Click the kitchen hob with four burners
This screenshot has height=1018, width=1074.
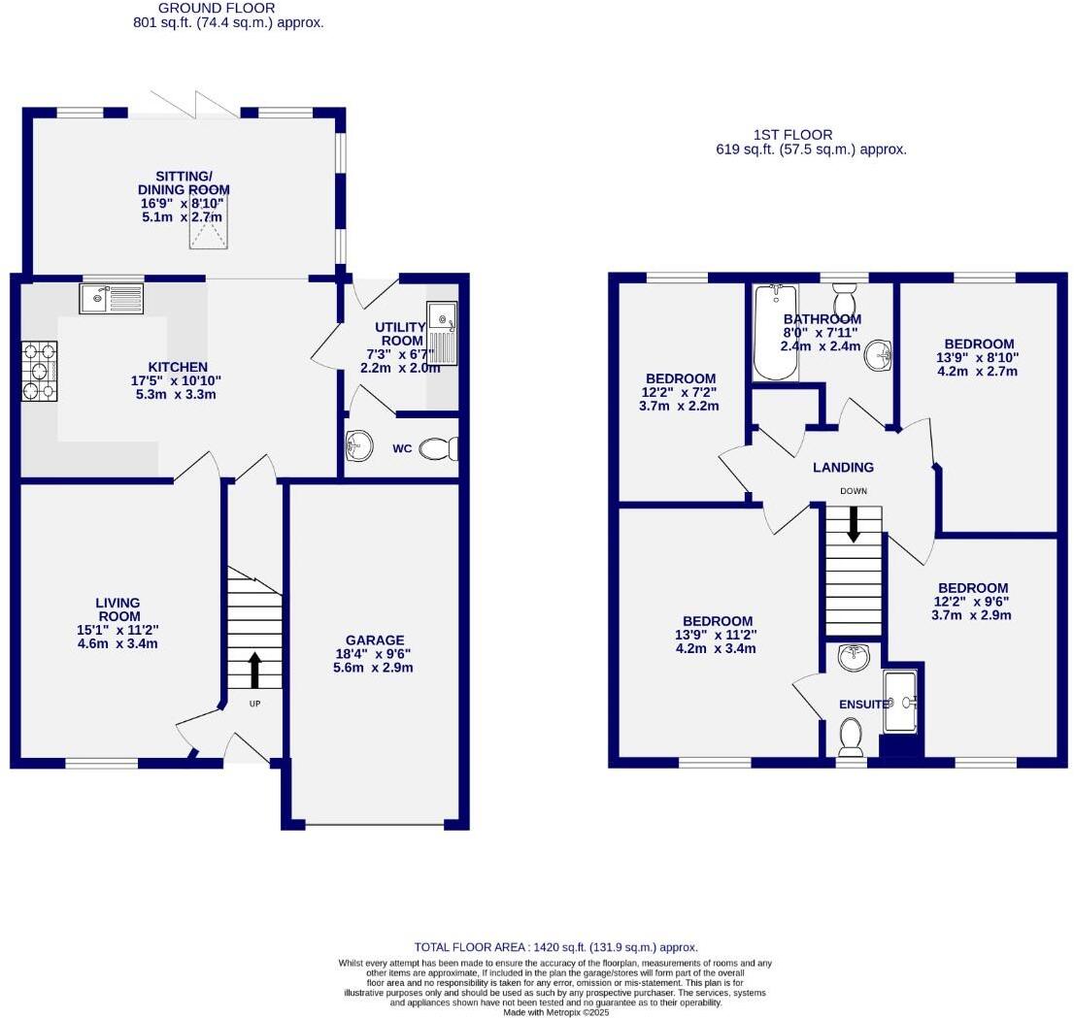pyautogui.click(x=39, y=370)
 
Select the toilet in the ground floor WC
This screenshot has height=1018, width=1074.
pyautogui.click(x=440, y=448)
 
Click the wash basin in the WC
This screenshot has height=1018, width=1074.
pyautogui.click(x=357, y=446)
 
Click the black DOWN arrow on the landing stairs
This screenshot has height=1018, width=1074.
pyautogui.click(x=854, y=524)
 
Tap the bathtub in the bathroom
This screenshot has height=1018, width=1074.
pyautogui.click(x=775, y=332)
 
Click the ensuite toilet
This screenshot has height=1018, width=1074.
pyautogui.click(x=851, y=737)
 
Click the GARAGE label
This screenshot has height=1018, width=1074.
pyautogui.click(x=375, y=640)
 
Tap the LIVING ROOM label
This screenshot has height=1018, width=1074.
pyautogui.click(x=117, y=609)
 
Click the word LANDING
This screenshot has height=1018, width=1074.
pyautogui.click(x=843, y=468)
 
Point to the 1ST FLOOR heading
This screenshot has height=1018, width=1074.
pyautogui.click(x=792, y=135)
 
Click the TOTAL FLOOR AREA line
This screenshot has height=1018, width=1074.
pyautogui.click(x=555, y=947)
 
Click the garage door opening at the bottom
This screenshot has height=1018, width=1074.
pyautogui.click(x=375, y=826)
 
